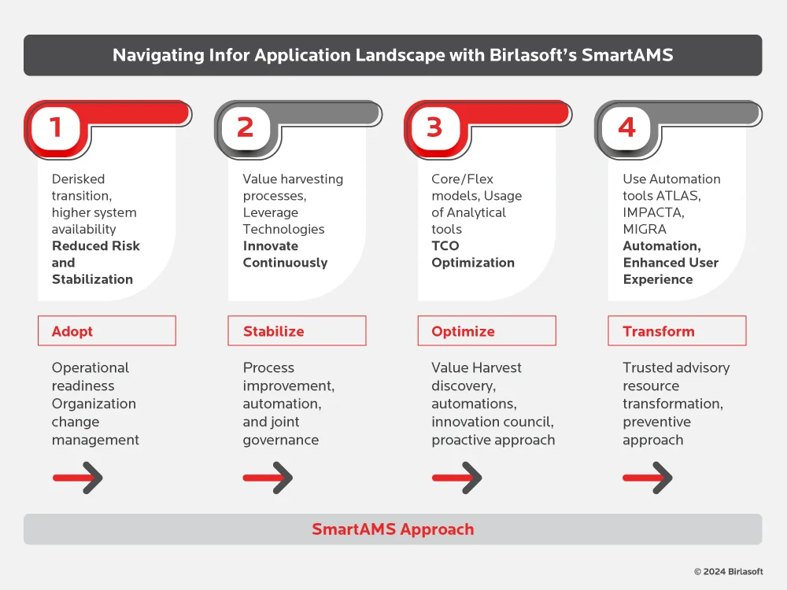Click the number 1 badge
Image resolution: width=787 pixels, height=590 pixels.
pos(55,127)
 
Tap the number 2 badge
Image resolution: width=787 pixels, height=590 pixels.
pos(245,127)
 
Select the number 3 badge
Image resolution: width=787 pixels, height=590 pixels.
pos(434,127)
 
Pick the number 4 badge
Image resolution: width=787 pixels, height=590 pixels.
pos(626,127)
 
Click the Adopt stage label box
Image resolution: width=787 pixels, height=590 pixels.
pos(107,331)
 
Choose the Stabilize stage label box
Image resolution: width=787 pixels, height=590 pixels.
pos(297,331)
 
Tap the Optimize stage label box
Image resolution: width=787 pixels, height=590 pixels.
pos(486,331)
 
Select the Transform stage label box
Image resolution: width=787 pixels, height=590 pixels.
pos(677,331)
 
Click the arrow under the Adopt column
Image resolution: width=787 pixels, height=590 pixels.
pos(78,478)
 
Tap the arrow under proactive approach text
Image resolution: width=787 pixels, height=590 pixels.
pos(457,478)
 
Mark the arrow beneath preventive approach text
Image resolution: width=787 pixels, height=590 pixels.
pos(648,478)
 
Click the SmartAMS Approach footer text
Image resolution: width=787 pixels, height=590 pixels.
pos(393,529)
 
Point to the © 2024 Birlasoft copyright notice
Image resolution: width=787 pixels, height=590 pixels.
pos(728,572)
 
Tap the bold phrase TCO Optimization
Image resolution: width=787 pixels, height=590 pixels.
pos(473,254)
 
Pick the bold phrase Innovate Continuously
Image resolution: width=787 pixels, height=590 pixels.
pos(285,254)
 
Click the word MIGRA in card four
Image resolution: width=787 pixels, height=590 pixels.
pos(645,229)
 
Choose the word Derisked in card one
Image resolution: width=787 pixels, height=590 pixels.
pos(78,179)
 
